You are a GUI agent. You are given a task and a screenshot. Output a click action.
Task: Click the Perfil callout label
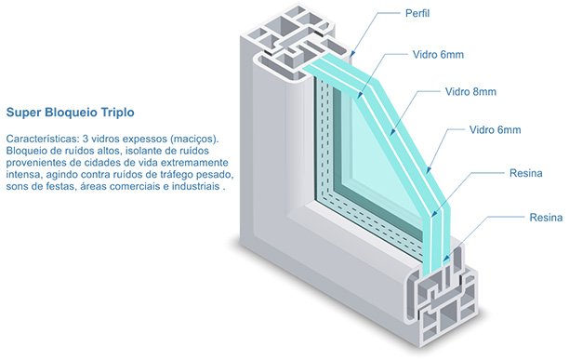[417, 13]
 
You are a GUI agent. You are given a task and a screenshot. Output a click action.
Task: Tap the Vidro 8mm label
[470, 91]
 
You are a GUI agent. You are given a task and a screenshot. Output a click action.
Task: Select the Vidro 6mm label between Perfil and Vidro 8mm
[438, 55]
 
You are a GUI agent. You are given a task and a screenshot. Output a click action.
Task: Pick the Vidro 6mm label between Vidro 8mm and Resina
[495, 129]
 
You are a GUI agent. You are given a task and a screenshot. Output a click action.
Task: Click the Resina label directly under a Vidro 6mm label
[526, 173]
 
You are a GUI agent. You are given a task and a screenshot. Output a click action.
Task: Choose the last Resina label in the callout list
[546, 218]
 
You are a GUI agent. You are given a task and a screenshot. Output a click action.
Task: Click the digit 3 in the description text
[86, 139]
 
